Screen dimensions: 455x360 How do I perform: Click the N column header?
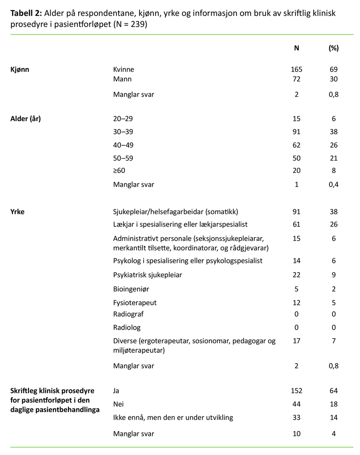click(296, 48)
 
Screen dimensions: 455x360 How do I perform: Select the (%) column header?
click(333, 48)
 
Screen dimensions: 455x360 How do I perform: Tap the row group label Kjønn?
click(20, 69)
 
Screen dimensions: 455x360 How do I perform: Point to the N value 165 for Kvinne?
click(296, 69)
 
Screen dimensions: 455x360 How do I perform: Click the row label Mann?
click(122, 79)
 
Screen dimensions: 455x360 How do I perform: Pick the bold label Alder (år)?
click(25, 119)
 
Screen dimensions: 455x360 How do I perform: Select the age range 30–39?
click(123, 132)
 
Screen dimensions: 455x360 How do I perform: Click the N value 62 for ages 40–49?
click(296, 145)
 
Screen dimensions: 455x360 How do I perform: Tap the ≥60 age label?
click(120, 171)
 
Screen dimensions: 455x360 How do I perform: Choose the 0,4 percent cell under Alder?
click(333, 184)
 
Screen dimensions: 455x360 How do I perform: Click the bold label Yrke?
click(17, 212)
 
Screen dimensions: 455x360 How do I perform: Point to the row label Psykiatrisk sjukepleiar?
click(148, 275)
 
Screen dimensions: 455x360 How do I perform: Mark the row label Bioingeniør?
click(131, 289)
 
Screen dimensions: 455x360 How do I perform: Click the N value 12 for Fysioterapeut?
click(296, 303)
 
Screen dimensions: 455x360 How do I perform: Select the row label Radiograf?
click(128, 314)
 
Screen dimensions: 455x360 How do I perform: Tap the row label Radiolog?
click(127, 327)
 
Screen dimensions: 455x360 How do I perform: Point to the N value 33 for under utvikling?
click(296, 418)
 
